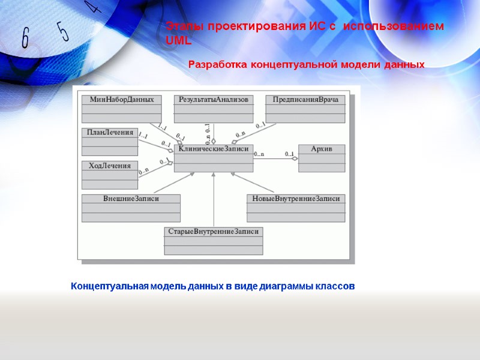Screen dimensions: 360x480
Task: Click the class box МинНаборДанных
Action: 121,109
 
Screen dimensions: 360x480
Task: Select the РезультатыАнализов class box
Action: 214,109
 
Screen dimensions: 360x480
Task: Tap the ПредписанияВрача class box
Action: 305,109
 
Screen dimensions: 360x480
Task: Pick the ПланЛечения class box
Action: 110,142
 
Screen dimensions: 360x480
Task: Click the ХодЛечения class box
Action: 110,175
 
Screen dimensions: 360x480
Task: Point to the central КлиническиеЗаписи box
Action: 214,158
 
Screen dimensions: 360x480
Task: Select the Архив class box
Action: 322,158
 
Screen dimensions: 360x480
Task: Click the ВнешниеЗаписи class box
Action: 131,208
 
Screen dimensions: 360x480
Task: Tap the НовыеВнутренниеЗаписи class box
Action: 296,208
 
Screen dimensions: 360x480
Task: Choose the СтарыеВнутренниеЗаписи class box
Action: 214,240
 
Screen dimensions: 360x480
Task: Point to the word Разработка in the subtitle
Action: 217,64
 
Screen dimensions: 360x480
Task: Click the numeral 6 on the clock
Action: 26,38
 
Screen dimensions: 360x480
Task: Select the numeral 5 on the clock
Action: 63,31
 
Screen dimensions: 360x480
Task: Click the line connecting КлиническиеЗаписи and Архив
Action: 276,158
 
